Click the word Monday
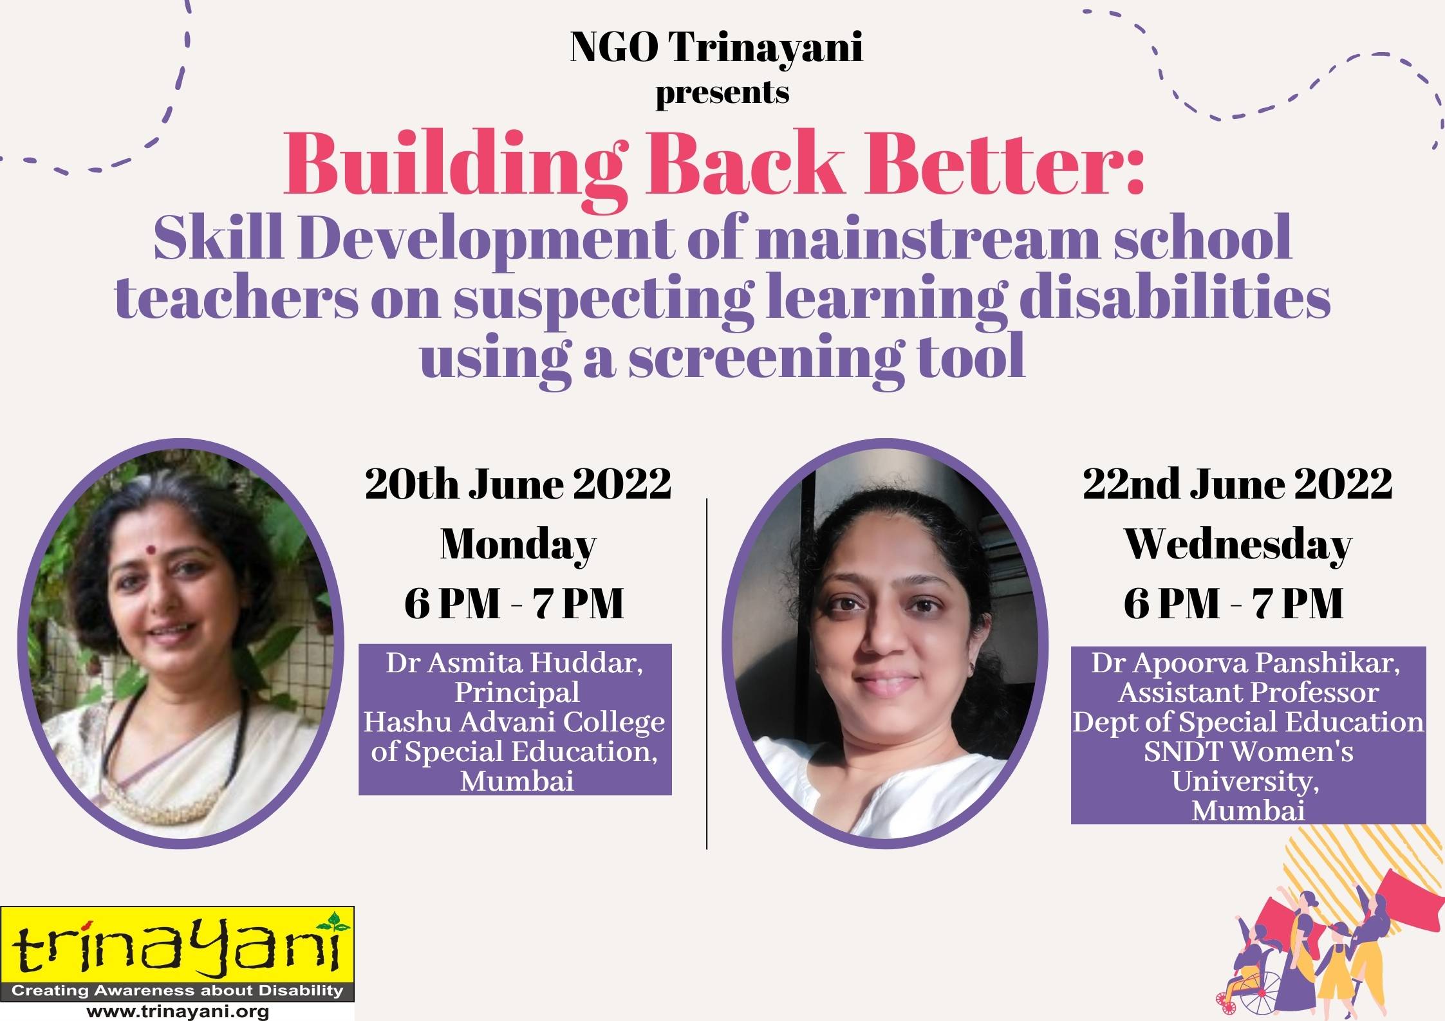518,546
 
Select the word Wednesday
1237,545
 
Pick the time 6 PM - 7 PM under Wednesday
1234,604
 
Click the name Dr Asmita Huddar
514,663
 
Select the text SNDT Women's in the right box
1249,751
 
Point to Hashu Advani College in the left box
514,722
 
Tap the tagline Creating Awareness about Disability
177,991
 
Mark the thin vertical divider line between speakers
707,673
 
